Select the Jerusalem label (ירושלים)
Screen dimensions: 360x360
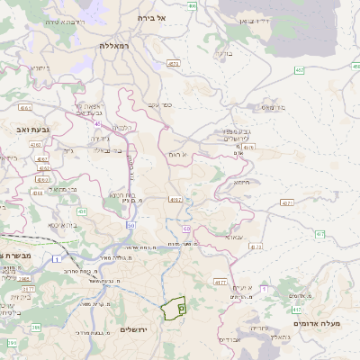[139, 330]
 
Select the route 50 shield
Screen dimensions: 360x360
[130, 225]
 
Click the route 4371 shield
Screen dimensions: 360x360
[286, 203]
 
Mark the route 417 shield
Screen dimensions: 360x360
[296, 309]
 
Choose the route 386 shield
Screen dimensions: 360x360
[12, 343]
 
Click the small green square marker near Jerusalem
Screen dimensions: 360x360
[181, 308]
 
